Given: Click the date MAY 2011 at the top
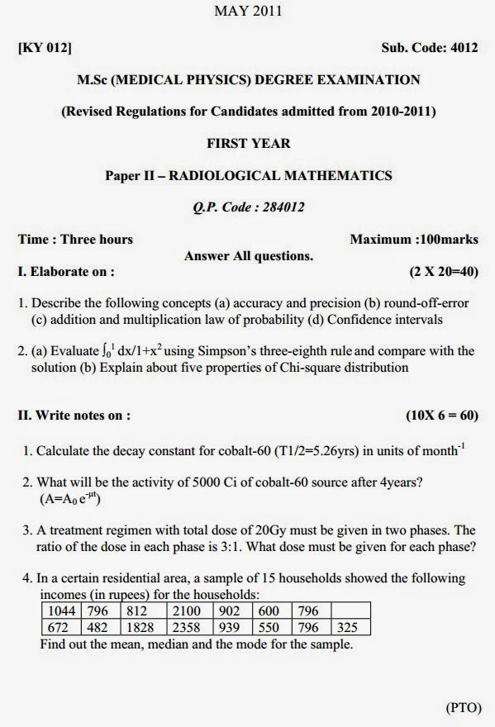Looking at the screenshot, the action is coord(248,12).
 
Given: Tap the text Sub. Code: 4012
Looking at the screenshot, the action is coord(430,48).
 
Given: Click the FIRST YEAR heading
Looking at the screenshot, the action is coord(248,143).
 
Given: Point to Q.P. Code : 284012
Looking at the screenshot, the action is coord(248,207).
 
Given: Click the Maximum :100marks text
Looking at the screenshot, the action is coord(413,240).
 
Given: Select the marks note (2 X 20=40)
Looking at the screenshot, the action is coord(444,271).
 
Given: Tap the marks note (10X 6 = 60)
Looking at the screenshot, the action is coord(441,415).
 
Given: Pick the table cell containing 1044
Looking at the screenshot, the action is coord(61,611).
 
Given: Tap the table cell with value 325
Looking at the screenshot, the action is coord(350,627).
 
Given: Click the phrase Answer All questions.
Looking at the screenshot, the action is coord(248,256).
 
